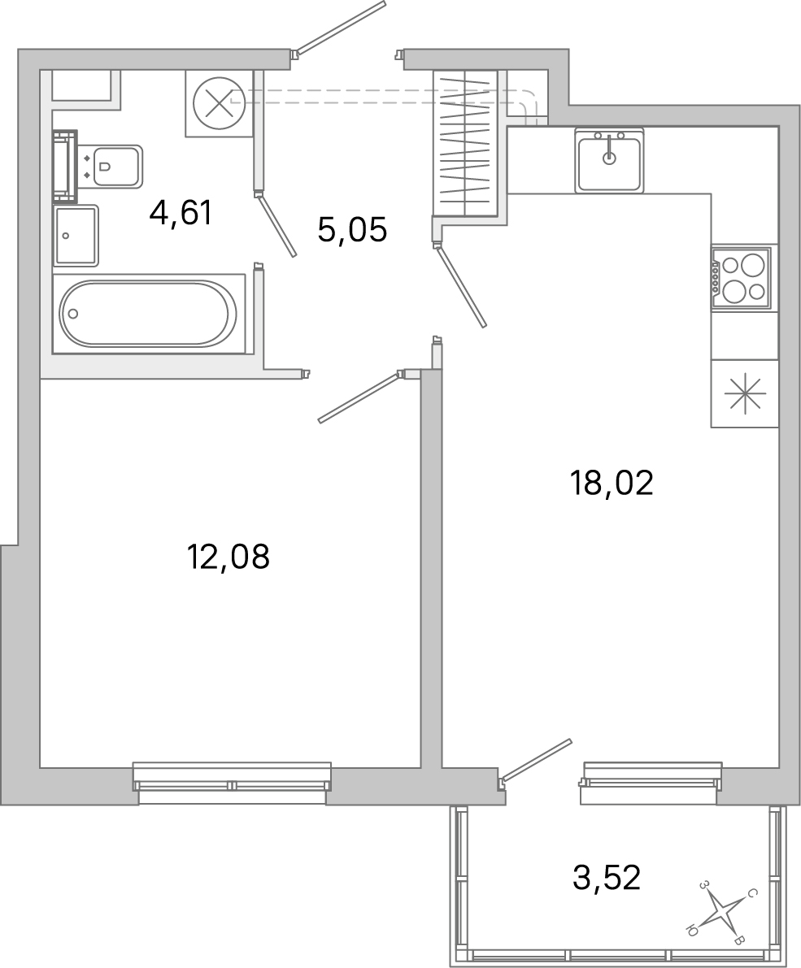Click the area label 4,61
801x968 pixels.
[x=181, y=214]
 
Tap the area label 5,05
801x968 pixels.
[x=352, y=230]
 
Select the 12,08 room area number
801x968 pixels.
[x=228, y=556]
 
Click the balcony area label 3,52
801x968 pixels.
[x=607, y=877]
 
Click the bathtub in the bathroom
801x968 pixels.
[x=148, y=314]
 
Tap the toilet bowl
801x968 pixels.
[x=116, y=166]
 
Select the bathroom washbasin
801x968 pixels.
[x=76, y=235]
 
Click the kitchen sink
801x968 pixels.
[x=610, y=160]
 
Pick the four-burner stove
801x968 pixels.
[x=741, y=277]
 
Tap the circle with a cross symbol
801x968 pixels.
[x=220, y=103]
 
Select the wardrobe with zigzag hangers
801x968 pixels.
[x=466, y=143]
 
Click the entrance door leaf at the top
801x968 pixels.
[x=340, y=27]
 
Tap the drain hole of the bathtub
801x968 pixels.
[x=73, y=314]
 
